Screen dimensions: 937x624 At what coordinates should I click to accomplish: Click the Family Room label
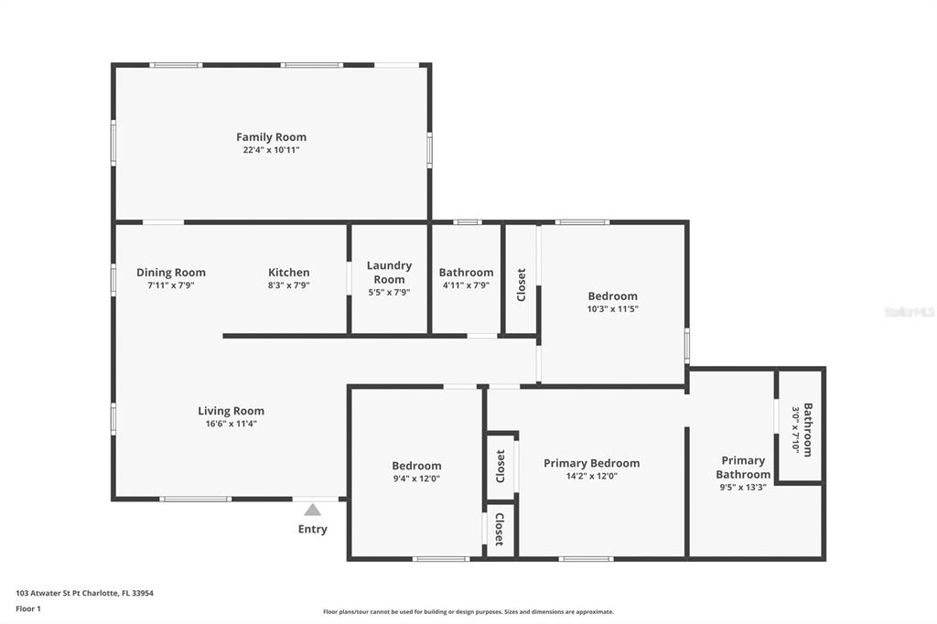271,137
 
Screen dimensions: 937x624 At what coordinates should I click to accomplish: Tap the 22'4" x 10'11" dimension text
271,150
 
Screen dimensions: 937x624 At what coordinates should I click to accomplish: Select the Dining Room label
171,273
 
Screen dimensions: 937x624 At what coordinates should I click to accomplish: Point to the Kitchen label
288,273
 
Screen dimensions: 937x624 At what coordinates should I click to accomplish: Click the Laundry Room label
389,273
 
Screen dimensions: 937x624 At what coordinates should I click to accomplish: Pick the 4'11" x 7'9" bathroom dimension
466,285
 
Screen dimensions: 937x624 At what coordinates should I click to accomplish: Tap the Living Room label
232,411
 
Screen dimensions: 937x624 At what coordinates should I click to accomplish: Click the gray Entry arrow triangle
313,510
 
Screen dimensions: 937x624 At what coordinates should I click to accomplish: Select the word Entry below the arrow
313,530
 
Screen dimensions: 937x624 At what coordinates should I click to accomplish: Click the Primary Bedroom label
592,463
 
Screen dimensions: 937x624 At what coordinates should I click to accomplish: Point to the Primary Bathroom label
743,468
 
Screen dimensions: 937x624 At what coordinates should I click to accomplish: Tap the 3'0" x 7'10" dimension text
795,429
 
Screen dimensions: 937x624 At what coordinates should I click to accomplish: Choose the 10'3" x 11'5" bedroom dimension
612,309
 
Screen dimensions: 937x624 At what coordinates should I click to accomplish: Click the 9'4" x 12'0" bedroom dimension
416,479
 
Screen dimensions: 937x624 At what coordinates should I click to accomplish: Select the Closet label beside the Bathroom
521,285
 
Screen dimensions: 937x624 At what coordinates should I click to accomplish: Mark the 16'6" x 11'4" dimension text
232,425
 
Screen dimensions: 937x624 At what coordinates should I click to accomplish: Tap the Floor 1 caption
28,609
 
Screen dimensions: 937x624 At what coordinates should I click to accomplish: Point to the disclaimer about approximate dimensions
468,612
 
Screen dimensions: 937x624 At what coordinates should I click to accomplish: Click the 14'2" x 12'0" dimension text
592,477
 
